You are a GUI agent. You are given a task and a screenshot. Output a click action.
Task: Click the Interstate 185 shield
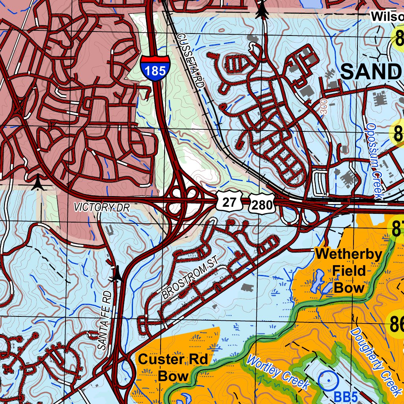155,68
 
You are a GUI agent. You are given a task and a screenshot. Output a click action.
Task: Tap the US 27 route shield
229,202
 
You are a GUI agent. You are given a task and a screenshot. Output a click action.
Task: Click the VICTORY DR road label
102,207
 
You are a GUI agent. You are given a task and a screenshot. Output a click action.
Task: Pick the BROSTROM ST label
190,282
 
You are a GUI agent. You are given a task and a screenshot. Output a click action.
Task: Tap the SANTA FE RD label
105,320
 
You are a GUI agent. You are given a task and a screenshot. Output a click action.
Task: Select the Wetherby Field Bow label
349,271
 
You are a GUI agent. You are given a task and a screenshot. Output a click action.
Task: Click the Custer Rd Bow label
173,367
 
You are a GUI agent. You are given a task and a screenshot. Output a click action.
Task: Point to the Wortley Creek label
278,372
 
